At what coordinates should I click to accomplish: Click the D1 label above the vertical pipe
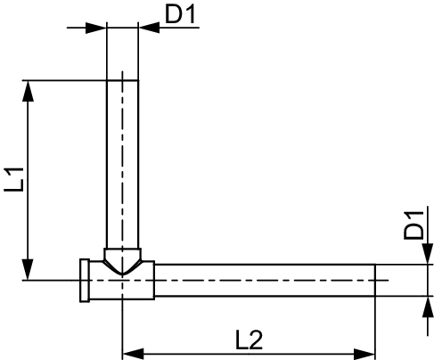click(180, 14)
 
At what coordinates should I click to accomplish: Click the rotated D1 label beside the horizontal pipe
click(414, 225)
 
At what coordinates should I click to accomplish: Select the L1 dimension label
click(13, 179)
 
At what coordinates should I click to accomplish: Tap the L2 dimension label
click(249, 340)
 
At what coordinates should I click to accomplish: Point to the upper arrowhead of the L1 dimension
click(28, 91)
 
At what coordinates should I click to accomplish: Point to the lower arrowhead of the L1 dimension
click(28, 269)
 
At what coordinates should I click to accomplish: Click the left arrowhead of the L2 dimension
click(133, 354)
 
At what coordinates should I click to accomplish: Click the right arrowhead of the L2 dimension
click(364, 354)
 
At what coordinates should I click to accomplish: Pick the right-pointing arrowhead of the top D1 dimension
click(96, 28)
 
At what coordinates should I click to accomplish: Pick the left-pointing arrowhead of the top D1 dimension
click(149, 28)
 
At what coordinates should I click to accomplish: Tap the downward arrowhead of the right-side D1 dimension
click(428, 253)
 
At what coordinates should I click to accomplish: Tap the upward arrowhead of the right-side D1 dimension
click(428, 307)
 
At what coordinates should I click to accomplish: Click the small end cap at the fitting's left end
click(85, 281)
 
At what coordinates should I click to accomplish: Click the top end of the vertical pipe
click(122, 80)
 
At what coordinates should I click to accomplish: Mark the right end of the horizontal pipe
click(375, 280)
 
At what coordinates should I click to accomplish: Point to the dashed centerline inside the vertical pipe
click(122, 172)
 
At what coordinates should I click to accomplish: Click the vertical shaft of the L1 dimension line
click(28, 180)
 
